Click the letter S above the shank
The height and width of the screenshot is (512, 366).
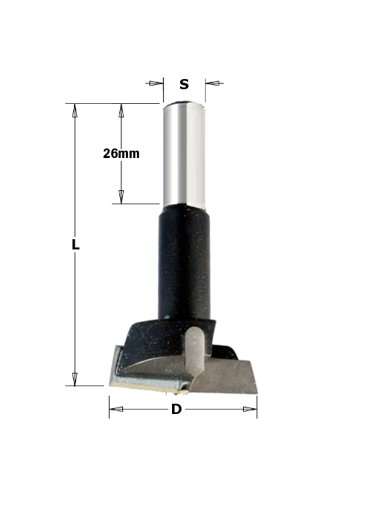pyautogui.click(x=184, y=84)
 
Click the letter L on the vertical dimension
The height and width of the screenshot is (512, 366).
pyautogui.click(x=75, y=244)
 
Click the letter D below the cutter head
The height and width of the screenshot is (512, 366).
pyautogui.click(x=176, y=409)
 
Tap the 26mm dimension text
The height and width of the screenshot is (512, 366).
pyautogui.click(x=122, y=154)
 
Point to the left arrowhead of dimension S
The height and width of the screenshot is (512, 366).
pyautogui.click(x=156, y=83)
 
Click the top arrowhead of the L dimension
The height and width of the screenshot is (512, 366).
pyautogui.click(x=75, y=110)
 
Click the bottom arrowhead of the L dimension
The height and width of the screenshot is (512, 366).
pyautogui.click(x=75, y=379)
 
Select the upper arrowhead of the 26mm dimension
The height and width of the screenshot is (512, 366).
pyautogui.click(x=122, y=110)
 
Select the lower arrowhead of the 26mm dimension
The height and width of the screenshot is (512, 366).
pyautogui.click(x=122, y=197)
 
